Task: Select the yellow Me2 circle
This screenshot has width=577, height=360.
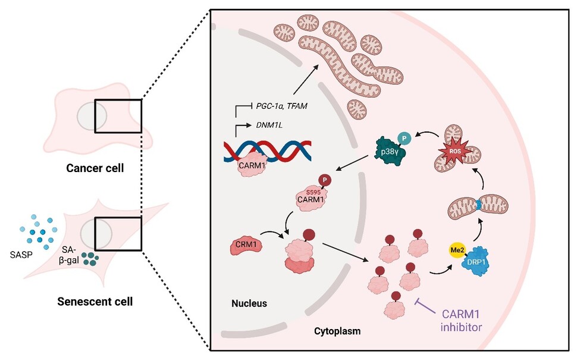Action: coord(456,250)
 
